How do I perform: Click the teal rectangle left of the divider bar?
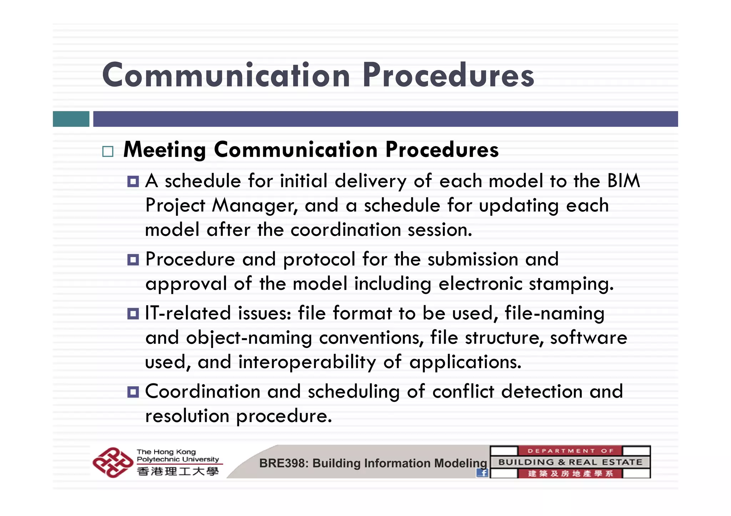tap(71, 119)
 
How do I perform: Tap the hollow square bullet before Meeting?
tap(107, 152)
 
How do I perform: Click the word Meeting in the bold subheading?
tap(165, 150)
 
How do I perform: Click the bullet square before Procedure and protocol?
tap(133, 260)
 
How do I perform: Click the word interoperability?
tap(307, 362)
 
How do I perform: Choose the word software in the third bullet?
tap(588, 338)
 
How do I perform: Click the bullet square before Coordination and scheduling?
tap(133, 392)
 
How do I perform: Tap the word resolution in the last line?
tap(187, 416)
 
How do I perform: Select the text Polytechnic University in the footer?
tap(178, 459)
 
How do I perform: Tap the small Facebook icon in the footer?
tap(482, 473)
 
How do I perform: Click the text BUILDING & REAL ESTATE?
tap(570, 463)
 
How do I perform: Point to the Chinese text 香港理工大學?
tap(178, 471)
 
